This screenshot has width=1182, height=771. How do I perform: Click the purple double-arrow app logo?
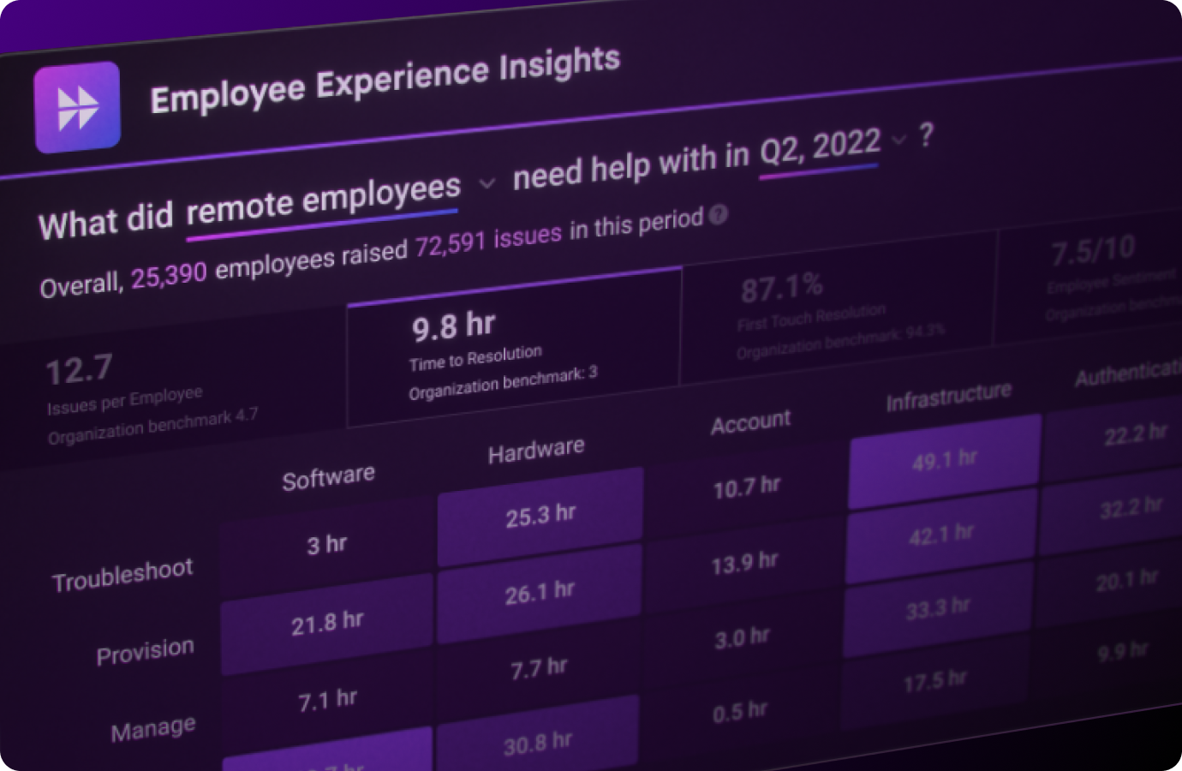point(77,108)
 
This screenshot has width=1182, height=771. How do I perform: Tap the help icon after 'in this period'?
point(719,215)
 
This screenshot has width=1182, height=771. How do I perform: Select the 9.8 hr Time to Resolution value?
point(453,326)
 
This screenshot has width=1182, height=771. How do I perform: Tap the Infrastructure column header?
point(948,397)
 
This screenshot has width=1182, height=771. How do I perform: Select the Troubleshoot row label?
point(122,575)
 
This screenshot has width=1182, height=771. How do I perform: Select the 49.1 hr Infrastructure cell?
point(944,461)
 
